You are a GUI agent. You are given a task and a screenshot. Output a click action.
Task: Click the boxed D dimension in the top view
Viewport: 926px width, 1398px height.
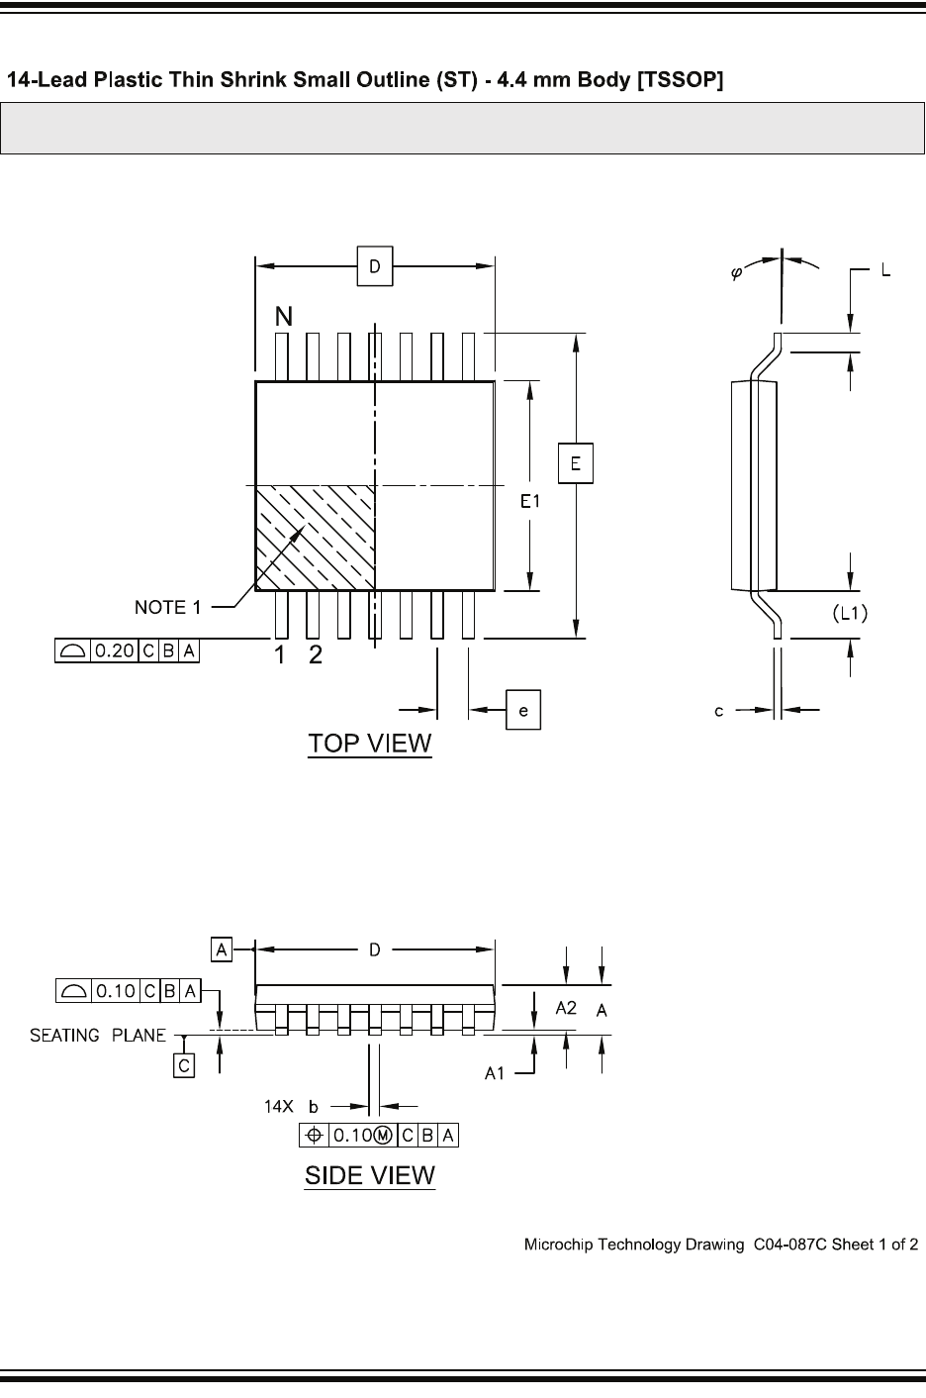coord(375,266)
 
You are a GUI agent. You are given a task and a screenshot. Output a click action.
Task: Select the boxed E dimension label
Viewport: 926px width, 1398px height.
coord(575,463)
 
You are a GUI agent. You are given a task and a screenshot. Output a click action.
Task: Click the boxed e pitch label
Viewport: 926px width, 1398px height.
coord(523,710)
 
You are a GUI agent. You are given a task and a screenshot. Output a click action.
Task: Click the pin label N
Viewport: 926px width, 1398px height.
coord(284,317)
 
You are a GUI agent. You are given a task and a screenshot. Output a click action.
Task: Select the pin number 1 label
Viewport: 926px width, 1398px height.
coord(281,654)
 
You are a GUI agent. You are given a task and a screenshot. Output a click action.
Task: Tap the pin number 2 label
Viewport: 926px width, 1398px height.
coord(315,654)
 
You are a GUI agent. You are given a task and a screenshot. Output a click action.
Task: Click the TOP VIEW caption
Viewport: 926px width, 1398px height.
coord(370,744)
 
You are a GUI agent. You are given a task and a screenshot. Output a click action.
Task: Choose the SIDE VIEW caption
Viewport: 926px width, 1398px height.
coord(369,1175)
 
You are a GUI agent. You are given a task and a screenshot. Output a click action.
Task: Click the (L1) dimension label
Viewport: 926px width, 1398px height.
coord(848,615)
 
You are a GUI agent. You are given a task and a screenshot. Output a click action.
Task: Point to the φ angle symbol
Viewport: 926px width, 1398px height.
coord(737,272)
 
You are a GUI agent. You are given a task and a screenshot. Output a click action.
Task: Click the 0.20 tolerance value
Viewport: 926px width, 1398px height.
coord(115,651)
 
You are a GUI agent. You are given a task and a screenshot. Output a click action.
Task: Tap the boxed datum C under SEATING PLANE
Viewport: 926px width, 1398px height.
coord(184,1065)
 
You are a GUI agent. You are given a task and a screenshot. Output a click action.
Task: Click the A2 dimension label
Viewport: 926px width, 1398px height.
coord(566,1008)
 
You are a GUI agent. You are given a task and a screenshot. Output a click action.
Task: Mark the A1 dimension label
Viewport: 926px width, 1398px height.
coord(497,1072)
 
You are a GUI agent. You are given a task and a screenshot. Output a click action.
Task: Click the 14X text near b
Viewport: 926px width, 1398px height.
coord(278,1107)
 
